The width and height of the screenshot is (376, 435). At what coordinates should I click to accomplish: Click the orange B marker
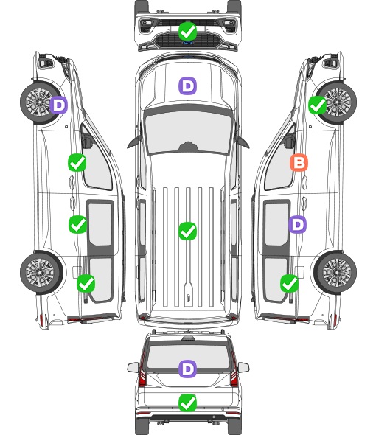299,162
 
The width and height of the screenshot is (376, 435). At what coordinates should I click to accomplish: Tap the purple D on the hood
187,86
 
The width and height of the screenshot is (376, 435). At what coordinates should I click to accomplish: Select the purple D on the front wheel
58,105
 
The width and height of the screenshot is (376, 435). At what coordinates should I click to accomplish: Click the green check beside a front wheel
318,105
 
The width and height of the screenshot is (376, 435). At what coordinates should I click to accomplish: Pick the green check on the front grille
187,31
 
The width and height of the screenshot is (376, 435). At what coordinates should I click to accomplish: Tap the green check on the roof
187,231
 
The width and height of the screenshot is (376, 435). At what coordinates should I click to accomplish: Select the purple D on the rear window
187,369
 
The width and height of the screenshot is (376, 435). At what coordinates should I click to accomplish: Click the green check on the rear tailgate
187,403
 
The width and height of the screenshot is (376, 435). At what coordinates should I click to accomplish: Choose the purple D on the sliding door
297,224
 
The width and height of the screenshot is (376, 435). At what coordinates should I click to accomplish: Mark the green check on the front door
77,162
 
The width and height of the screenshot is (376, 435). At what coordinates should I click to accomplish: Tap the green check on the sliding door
77,224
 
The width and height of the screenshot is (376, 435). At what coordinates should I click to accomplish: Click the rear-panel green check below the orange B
290,283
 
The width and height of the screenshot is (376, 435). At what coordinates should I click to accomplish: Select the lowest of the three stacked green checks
86,283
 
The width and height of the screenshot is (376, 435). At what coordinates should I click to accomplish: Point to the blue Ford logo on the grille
188,43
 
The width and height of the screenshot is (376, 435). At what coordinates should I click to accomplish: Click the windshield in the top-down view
188,133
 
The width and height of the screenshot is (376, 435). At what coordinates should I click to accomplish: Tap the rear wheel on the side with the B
335,272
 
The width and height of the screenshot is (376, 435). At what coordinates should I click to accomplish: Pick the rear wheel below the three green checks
41,272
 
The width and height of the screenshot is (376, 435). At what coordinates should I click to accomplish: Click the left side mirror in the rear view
133,368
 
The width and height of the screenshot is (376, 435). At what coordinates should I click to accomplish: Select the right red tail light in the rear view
234,370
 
